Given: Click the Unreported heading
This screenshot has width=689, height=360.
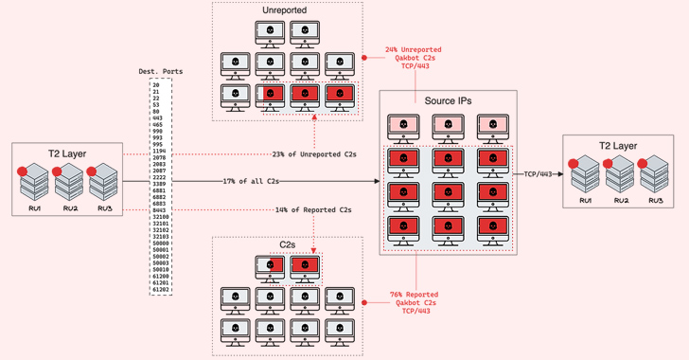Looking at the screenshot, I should [x=287, y=10].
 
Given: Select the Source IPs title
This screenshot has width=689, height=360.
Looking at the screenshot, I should [x=448, y=101].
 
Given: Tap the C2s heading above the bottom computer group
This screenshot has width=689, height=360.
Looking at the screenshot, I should [x=287, y=243].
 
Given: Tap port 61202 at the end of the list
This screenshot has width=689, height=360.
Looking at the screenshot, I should [x=160, y=289].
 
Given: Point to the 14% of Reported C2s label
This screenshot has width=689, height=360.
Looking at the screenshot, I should [x=313, y=209].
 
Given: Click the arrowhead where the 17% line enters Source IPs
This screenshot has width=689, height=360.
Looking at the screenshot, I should [x=376, y=180].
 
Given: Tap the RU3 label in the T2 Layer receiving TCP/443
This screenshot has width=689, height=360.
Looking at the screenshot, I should [x=654, y=202].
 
